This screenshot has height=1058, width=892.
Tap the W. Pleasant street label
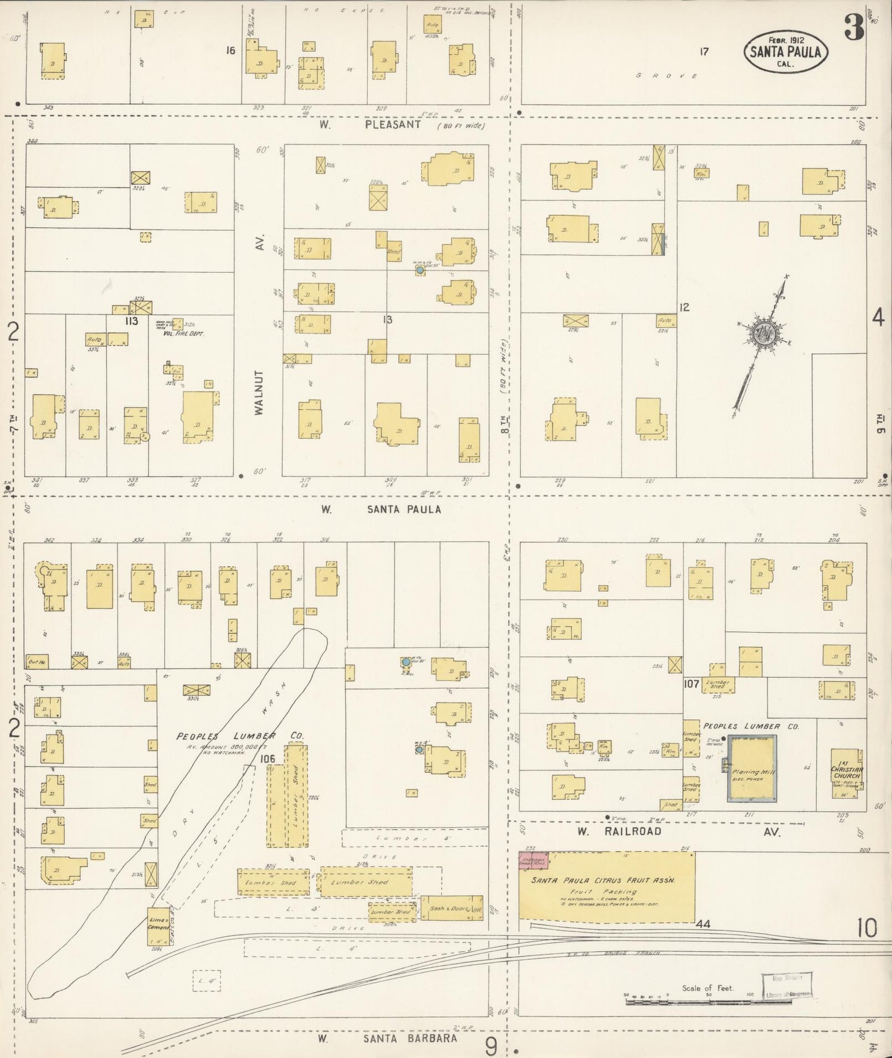pyautogui.click(x=370, y=125)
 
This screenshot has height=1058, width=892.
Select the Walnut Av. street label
pyautogui.click(x=259, y=391)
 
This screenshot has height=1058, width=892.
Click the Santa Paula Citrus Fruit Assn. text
pyautogui.click(x=603, y=881)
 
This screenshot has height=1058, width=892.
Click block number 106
pyautogui.click(x=267, y=759)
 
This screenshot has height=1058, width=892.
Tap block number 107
pyautogui.click(x=691, y=684)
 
